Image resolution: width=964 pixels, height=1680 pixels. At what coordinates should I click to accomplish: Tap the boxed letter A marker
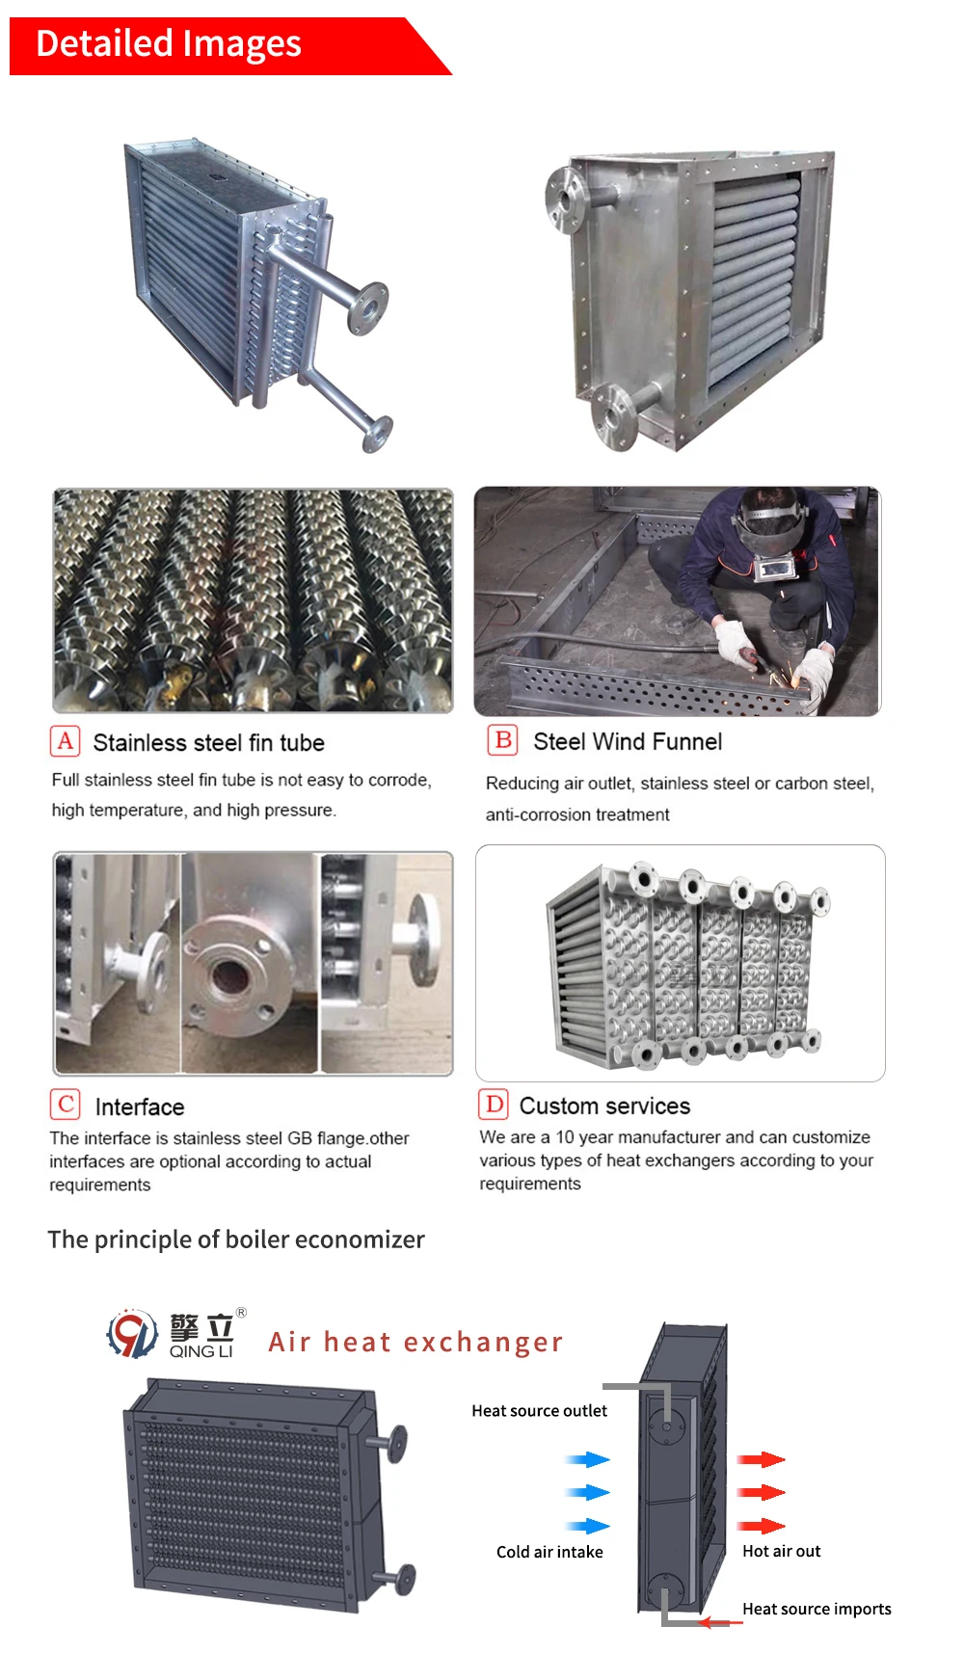(x=65, y=741)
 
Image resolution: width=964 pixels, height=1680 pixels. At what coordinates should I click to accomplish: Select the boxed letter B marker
(x=503, y=740)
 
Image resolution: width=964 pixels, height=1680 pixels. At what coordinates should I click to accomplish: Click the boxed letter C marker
(x=66, y=1105)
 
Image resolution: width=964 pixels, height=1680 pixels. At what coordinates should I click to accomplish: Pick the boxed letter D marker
(x=494, y=1105)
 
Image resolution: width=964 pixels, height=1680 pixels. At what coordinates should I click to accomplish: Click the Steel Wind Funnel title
(x=628, y=741)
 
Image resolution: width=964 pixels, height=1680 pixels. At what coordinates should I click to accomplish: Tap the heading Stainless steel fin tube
(x=208, y=742)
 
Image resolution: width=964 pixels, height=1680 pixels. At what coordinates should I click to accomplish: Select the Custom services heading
(x=604, y=1106)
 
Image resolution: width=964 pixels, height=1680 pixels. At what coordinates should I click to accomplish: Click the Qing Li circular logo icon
(x=132, y=1334)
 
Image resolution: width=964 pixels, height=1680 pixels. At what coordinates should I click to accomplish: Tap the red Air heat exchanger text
(x=415, y=1342)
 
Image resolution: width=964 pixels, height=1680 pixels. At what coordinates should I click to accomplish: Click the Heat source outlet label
(x=539, y=1411)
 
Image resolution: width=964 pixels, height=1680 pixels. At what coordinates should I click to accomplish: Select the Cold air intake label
(x=549, y=1552)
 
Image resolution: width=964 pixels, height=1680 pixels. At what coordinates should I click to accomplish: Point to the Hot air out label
(x=781, y=1551)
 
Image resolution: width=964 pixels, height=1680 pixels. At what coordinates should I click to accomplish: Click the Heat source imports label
(x=817, y=1609)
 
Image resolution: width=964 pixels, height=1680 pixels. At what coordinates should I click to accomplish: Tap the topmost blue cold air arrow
(x=587, y=1459)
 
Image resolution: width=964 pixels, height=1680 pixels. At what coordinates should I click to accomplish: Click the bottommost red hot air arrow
(x=762, y=1526)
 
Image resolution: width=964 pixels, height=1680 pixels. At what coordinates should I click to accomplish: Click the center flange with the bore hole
(x=232, y=975)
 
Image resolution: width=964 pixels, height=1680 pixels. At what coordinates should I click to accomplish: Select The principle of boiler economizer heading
(x=236, y=1240)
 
